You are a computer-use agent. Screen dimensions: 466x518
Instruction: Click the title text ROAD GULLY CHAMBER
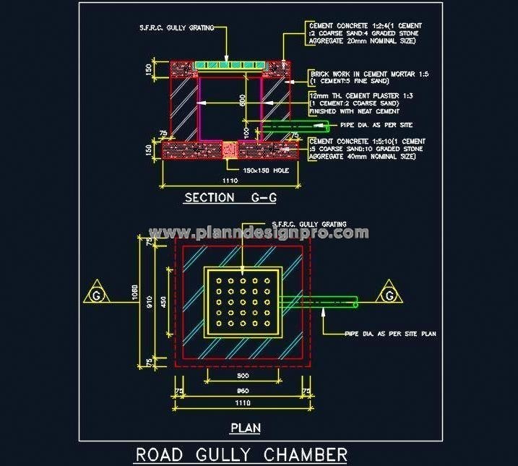[x=241, y=454]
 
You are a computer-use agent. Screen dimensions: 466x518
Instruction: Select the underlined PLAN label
[x=245, y=428]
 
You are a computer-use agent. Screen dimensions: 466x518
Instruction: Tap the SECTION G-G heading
[x=230, y=197]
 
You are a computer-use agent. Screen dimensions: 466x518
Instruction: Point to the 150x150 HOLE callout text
[x=266, y=170]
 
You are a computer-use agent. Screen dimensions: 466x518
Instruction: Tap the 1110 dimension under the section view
[x=230, y=180]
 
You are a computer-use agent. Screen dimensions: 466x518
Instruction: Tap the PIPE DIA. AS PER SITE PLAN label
[x=389, y=333]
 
